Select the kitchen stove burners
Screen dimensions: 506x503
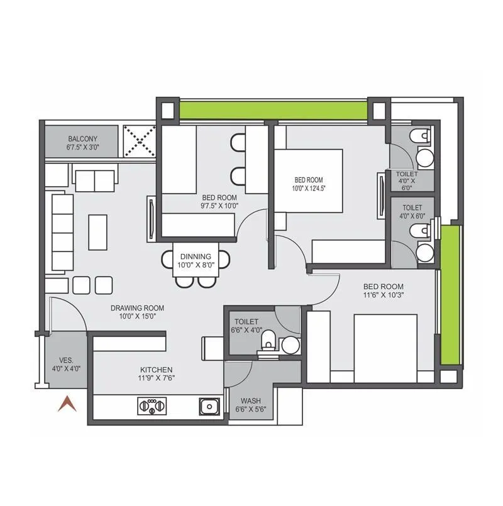click(x=153, y=407)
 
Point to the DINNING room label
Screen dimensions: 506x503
click(x=196, y=256)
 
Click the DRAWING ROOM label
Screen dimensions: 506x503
click(x=137, y=308)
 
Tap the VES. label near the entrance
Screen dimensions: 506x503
click(x=67, y=360)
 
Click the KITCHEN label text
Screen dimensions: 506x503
click(x=157, y=370)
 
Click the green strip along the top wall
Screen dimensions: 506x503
click(x=274, y=109)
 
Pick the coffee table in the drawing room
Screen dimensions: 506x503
click(x=97, y=232)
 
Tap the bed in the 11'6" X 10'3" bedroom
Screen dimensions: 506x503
click(x=385, y=348)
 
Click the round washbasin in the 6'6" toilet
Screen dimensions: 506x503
click(x=290, y=344)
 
